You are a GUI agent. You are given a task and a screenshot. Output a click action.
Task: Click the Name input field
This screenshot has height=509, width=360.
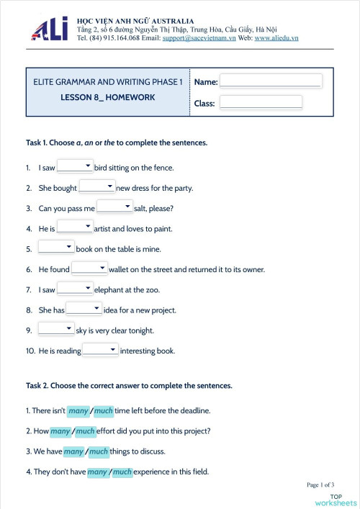[270, 81]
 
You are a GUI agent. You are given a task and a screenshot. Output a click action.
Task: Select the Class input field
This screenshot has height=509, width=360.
[261, 103]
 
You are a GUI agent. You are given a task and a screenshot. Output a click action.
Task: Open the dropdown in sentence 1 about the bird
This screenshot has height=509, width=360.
[75, 167]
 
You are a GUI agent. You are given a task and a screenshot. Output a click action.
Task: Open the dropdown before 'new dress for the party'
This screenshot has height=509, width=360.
[96, 187]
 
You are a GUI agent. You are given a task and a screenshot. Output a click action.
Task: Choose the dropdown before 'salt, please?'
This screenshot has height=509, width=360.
[114, 208]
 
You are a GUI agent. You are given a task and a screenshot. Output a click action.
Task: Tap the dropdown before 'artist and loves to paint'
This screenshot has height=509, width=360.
[75, 228]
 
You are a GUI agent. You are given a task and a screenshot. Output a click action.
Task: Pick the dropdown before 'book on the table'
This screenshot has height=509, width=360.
[56, 248]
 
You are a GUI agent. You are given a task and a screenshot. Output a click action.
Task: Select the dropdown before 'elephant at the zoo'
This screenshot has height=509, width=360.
[75, 289]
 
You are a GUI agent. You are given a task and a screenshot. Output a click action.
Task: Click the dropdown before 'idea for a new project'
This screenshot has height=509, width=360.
[84, 310]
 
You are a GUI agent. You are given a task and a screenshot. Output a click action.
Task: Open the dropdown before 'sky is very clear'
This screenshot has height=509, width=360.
[56, 330]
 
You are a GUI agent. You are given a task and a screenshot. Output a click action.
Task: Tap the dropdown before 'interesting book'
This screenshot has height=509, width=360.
[100, 351]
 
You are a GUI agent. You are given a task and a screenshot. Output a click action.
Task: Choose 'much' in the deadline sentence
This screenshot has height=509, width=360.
[104, 411]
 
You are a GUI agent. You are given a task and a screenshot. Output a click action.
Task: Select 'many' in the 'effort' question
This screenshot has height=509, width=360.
[60, 431]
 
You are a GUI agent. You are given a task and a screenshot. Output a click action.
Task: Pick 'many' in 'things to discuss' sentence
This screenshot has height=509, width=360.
[73, 451]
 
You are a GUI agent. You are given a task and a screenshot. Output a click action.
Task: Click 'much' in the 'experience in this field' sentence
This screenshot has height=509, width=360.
[122, 472]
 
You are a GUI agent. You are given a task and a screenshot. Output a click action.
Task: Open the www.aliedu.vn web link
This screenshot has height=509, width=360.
[276, 37]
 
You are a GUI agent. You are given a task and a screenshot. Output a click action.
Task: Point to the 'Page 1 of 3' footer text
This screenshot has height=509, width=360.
[320, 485]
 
